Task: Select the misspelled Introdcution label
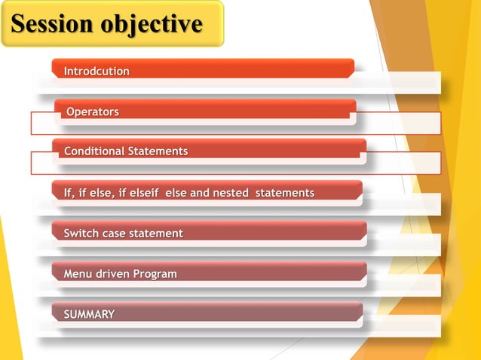[x=97, y=71]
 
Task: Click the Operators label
[x=93, y=111]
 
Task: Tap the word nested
[x=231, y=193]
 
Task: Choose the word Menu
[x=76, y=273]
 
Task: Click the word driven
[x=110, y=273]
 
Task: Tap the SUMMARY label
[x=89, y=314]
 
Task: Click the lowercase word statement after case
[x=155, y=233]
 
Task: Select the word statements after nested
[x=284, y=193]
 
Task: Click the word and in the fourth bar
[x=200, y=193]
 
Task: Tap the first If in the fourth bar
[x=69, y=193]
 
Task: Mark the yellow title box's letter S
[x=20, y=24]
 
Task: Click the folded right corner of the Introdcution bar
[x=351, y=73]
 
